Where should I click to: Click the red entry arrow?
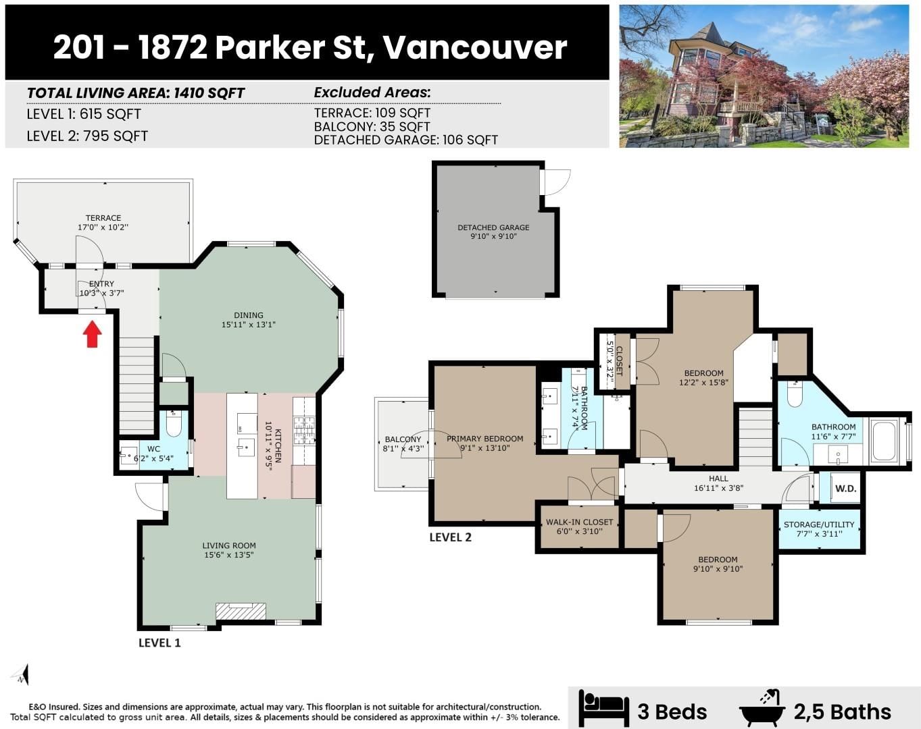pos(92,334)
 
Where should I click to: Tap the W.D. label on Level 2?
pos(846,488)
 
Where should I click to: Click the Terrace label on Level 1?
pos(103,217)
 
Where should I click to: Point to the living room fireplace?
pos(241,611)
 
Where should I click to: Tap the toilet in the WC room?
pos(173,423)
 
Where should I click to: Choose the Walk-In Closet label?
pos(580,522)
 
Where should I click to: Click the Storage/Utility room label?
pos(819,524)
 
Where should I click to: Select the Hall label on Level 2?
pos(718,479)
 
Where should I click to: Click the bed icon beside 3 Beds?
pos(603,709)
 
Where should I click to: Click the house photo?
pos(764,76)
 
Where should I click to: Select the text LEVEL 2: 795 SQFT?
pos(87,136)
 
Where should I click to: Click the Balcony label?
pos(403,439)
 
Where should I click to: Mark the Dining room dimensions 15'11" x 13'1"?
pos(248,325)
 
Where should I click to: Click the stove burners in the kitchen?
pos(304,429)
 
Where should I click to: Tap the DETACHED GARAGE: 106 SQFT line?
pos(405,140)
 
